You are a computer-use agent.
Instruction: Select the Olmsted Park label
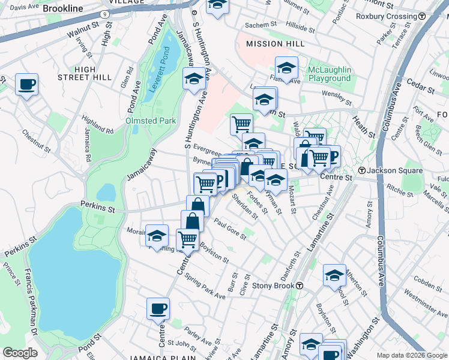tap(150, 121)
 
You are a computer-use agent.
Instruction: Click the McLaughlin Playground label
tap(329, 74)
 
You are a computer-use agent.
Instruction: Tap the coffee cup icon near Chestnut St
tap(26, 85)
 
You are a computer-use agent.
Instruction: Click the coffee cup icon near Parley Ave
tap(158, 308)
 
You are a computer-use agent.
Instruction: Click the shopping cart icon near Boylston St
tap(188, 239)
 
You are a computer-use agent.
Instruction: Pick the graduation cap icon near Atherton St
tap(334, 275)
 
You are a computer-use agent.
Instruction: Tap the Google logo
tap(20, 353)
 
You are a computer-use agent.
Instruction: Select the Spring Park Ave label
tap(205, 287)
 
